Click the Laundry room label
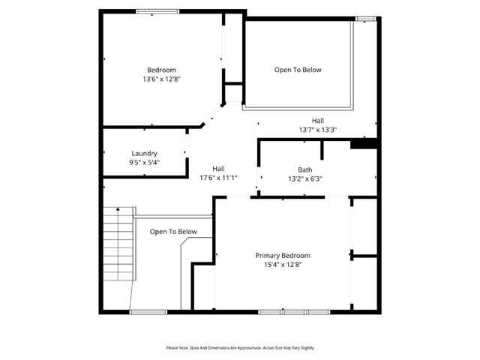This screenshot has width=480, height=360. tap(144, 153)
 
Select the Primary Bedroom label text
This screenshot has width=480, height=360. tap(282, 255)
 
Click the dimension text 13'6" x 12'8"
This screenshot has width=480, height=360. tap(161, 78)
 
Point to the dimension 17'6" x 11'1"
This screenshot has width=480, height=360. tap(218, 178)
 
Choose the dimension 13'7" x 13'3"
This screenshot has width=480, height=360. tap(318, 129)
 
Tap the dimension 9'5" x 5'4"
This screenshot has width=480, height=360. tap(144, 162)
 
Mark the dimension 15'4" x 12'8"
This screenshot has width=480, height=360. tap(282, 264)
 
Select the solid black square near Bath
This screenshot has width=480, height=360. tap(363, 143)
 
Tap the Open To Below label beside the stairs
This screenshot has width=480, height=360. tap(173, 232)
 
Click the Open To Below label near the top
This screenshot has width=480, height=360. tap(298, 70)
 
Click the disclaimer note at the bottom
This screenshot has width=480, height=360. tap(240, 348)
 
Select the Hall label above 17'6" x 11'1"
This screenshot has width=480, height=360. tap(218, 169)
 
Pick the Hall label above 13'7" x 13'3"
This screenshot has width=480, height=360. tap(318, 120)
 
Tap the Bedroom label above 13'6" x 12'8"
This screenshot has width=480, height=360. tap(161, 70)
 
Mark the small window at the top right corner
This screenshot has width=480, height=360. tap(365, 18)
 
